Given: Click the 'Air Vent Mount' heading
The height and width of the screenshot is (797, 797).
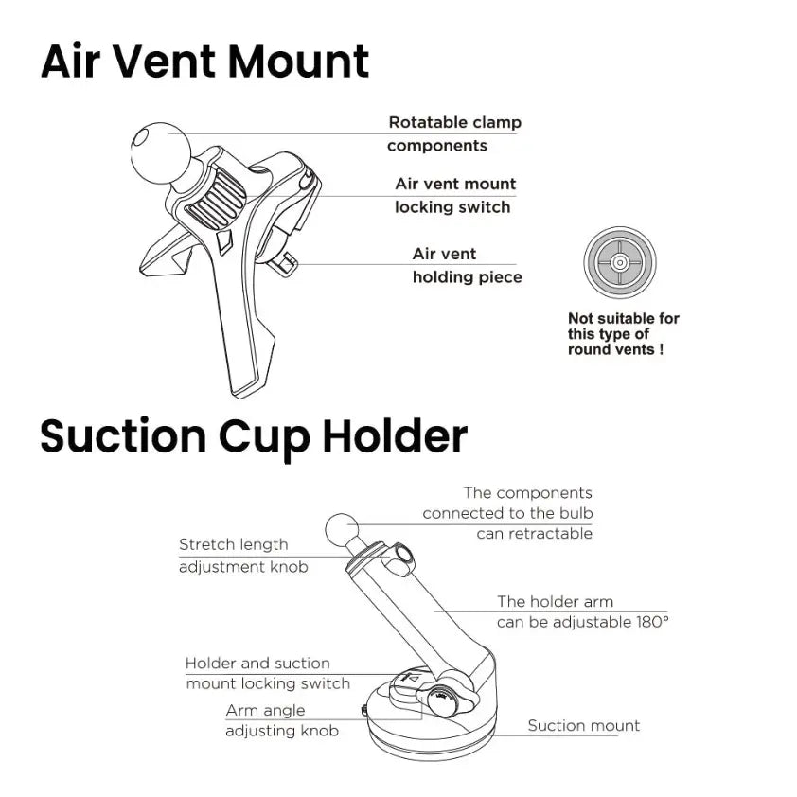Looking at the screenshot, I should click(x=204, y=62).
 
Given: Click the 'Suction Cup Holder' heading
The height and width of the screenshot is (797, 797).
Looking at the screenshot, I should click(x=254, y=437).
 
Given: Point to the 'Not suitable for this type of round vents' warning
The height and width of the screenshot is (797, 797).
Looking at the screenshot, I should click(x=623, y=334).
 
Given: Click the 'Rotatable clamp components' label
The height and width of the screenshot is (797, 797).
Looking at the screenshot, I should click(x=454, y=133).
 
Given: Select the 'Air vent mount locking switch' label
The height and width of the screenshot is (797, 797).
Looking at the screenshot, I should click(x=454, y=195).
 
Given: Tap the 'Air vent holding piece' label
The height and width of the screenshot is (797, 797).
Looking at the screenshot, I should click(x=466, y=265).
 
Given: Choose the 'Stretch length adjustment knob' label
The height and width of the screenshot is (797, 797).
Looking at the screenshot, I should click(x=242, y=556).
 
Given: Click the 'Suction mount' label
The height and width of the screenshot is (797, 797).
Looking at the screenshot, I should click(x=583, y=726).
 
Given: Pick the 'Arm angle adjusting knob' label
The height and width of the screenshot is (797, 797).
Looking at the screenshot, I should click(x=281, y=720).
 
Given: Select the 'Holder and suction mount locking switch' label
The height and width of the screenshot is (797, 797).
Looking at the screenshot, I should click(x=267, y=673).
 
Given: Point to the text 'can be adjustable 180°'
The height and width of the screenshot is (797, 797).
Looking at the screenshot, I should click(x=582, y=622).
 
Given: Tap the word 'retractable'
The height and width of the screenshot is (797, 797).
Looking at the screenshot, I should click(x=534, y=534).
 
